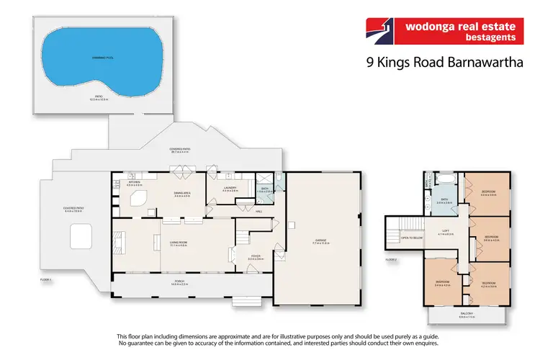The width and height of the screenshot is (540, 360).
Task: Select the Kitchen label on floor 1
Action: [x=134, y=184]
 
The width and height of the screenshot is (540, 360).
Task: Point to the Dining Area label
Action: [x=181, y=195]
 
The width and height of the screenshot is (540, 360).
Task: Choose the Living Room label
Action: [x=178, y=243]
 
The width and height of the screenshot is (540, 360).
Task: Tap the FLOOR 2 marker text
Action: [x=391, y=259]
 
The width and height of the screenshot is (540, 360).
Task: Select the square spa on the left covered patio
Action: [x=78, y=235]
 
